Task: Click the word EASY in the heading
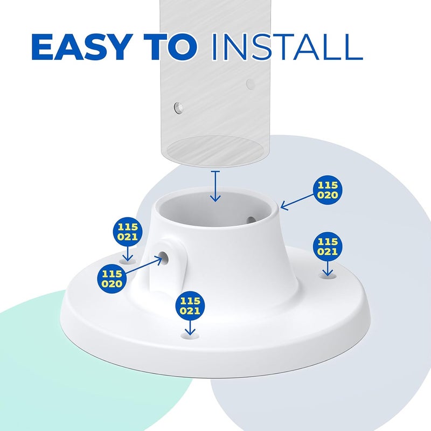[x=80, y=47]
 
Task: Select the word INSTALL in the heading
[x=287, y=47]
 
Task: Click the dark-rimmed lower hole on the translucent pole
[x=179, y=108]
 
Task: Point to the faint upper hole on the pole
[x=251, y=84]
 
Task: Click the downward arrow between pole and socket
[x=215, y=186]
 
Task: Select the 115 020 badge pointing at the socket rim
[x=328, y=190]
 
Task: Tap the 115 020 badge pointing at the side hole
[x=112, y=279]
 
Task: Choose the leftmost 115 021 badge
[x=128, y=232]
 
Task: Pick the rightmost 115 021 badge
[x=328, y=246]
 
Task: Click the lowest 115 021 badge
[x=190, y=305]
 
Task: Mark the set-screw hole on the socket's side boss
[x=164, y=258]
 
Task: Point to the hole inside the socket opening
[x=251, y=220]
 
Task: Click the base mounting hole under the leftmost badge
[x=128, y=260]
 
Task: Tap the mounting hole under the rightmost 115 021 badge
[x=328, y=275]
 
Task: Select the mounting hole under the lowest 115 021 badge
[x=190, y=335]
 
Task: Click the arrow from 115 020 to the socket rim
[x=297, y=202]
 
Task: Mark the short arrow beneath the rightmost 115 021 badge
[x=328, y=268]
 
